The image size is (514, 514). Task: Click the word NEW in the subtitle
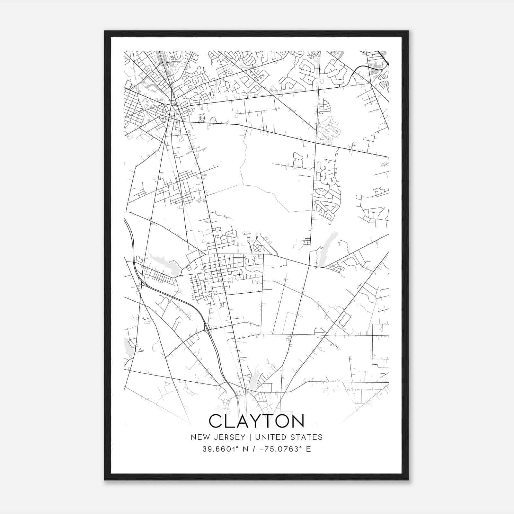point(199,437)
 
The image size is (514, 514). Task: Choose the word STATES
point(307,437)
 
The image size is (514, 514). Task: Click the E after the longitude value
point(309,449)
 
